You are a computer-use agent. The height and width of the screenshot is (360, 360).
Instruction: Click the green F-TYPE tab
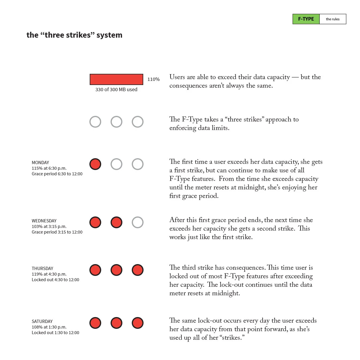click(306, 19)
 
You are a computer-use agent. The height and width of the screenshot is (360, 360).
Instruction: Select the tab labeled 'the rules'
click(333, 19)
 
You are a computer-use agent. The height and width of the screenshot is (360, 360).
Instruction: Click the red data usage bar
click(116, 79)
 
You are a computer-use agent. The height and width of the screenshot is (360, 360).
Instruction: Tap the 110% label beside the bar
click(154, 79)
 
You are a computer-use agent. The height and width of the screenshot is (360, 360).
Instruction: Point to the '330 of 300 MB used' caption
click(116, 89)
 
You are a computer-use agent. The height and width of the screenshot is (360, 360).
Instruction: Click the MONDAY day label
click(40, 163)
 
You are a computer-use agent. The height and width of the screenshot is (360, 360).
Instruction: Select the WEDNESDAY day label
click(44, 221)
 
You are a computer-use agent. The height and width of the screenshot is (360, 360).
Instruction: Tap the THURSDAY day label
click(42, 269)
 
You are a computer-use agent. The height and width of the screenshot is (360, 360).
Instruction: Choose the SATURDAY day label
click(42, 321)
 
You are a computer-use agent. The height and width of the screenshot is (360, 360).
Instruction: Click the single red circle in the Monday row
click(95, 164)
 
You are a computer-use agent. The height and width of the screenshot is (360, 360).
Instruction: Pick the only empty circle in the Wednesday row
click(138, 222)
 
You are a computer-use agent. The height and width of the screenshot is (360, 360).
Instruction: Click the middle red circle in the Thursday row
click(116, 270)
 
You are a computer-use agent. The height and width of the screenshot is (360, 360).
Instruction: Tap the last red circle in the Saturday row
click(138, 323)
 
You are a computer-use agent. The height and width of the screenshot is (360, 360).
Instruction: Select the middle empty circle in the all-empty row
click(116, 122)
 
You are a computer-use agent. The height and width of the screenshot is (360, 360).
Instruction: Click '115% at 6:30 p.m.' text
click(49, 168)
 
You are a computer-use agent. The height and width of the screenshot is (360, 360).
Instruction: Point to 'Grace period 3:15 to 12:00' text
click(57, 232)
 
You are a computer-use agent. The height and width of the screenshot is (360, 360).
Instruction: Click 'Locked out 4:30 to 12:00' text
click(55, 280)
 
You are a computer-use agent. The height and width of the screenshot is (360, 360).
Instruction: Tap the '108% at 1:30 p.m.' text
click(49, 327)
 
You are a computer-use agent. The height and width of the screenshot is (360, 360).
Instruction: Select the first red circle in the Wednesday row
click(95, 222)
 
